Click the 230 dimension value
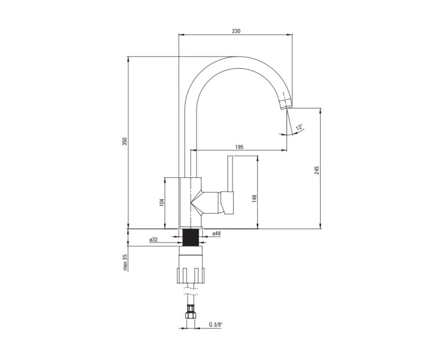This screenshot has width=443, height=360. point(236,31)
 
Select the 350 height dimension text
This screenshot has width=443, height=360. point(126,141)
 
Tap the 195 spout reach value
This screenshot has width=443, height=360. point(239,147)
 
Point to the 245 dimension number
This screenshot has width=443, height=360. point(317,170)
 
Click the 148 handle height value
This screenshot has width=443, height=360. point(254,199)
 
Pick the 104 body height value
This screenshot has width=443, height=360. point(162,203)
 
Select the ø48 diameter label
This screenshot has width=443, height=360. point(217,234)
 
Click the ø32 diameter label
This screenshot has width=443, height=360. point(153,240)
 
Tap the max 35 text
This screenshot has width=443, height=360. point(126,262)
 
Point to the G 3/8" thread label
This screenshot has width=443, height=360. point(215,325)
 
